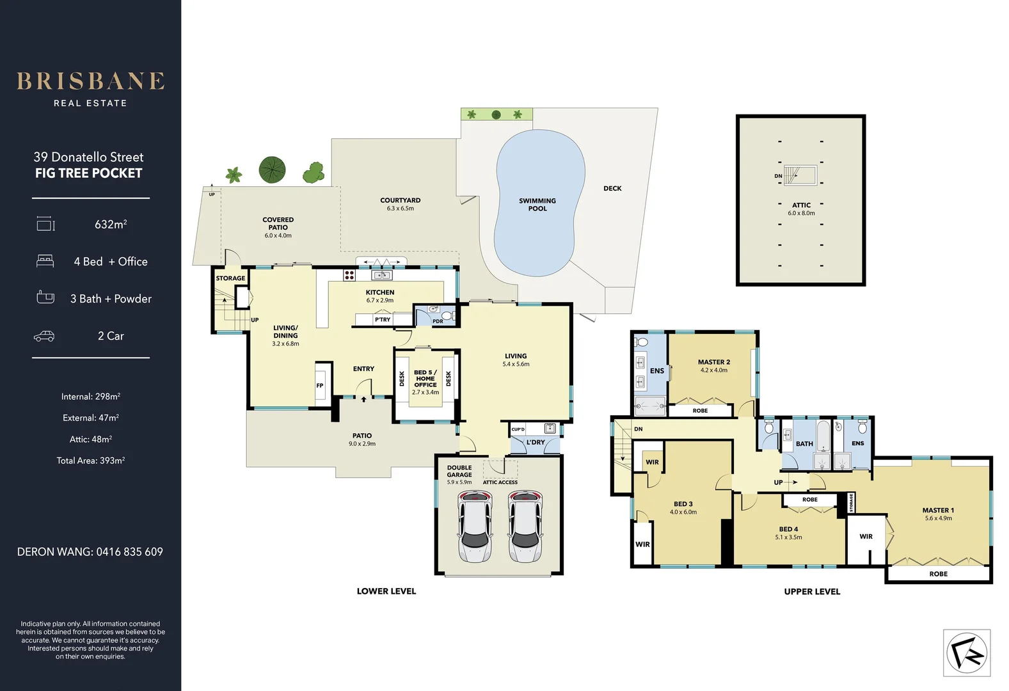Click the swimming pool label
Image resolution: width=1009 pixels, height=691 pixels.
pos(537,205)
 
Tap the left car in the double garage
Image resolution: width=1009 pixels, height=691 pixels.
pos(475,527)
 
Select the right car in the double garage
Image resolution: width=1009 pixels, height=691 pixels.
pos(525,527)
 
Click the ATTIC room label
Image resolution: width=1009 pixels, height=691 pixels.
pos(801,205)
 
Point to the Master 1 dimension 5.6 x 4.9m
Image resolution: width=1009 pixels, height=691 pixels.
pos(938,518)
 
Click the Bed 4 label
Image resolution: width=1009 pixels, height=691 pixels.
pos(788,529)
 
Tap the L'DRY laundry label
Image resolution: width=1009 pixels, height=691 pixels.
pos(536,442)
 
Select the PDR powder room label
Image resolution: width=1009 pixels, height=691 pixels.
pos(438,321)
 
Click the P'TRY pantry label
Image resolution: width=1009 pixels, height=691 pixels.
pos(383,319)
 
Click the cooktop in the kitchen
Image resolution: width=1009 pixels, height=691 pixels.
pos(349,275)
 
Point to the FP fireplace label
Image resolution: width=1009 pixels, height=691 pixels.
pos(320,385)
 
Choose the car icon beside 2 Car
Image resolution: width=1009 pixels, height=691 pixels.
pos(44,336)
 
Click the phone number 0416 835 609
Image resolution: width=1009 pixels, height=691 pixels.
pos(129,552)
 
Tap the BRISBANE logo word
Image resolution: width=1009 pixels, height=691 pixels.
pos(90,81)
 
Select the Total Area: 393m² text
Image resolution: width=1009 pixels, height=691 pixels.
pos(90,461)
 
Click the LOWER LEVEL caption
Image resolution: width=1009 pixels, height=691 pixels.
pos(386,591)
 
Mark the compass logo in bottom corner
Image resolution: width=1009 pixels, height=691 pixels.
pos(966,653)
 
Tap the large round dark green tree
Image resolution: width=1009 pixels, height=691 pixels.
pos(272,170)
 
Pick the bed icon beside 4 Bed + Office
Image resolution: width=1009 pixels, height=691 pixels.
pos(45,261)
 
